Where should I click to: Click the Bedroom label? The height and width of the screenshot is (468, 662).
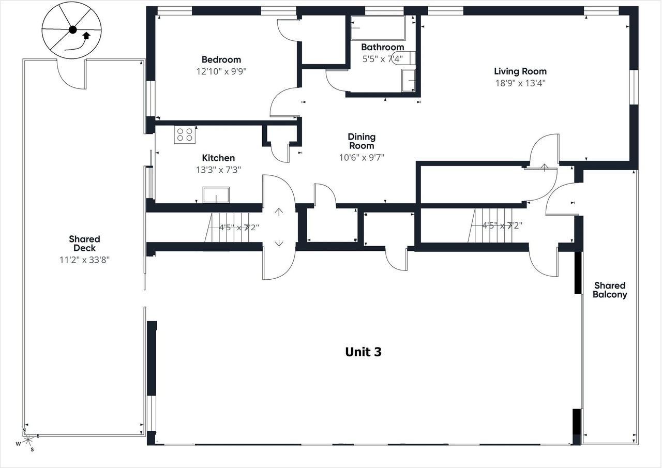[x=221, y=59]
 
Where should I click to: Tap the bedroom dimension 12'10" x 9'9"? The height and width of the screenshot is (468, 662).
[x=221, y=71]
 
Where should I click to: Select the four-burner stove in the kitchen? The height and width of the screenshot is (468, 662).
[x=185, y=134]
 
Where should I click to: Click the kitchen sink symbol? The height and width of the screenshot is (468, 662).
[x=216, y=195]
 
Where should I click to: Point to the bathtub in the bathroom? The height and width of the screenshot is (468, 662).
[x=378, y=28]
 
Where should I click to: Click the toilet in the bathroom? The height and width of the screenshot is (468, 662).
[x=405, y=57]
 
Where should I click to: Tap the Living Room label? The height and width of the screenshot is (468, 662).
[x=520, y=71]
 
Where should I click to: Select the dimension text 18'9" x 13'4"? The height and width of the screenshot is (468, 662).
[x=520, y=83]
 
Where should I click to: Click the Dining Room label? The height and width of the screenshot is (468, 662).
[x=361, y=141]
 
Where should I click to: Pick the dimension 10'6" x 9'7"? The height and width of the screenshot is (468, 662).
[x=361, y=157]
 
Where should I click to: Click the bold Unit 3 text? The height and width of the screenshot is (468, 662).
[x=363, y=352]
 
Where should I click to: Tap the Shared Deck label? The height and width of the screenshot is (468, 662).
[x=84, y=244]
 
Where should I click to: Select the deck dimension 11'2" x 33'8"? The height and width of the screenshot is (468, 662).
[x=84, y=260]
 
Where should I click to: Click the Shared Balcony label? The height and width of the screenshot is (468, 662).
[x=610, y=290]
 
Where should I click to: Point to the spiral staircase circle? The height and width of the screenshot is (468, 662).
[x=72, y=30]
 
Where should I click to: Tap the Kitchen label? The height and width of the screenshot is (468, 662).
[x=218, y=158]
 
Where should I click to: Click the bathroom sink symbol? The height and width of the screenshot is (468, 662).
[x=408, y=80]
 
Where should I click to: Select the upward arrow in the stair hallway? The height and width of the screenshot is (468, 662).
[x=279, y=211]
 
